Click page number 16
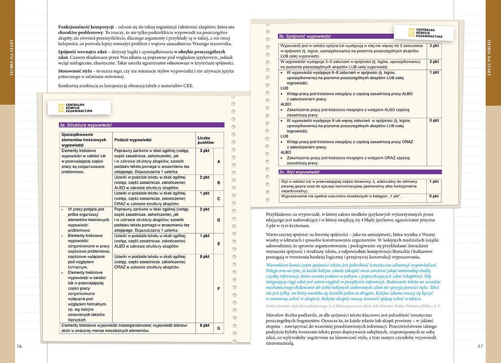coord(19,346)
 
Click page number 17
coord(481,346)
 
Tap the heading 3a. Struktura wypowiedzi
coord(86,125)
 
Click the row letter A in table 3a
coord(219,162)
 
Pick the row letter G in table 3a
coord(219,329)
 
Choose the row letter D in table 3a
coord(219,220)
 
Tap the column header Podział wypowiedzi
coord(133,140)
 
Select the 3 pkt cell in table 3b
coord(434,45)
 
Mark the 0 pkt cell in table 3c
coord(434,197)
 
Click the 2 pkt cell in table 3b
coord(434,62)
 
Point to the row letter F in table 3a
coord(219,288)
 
